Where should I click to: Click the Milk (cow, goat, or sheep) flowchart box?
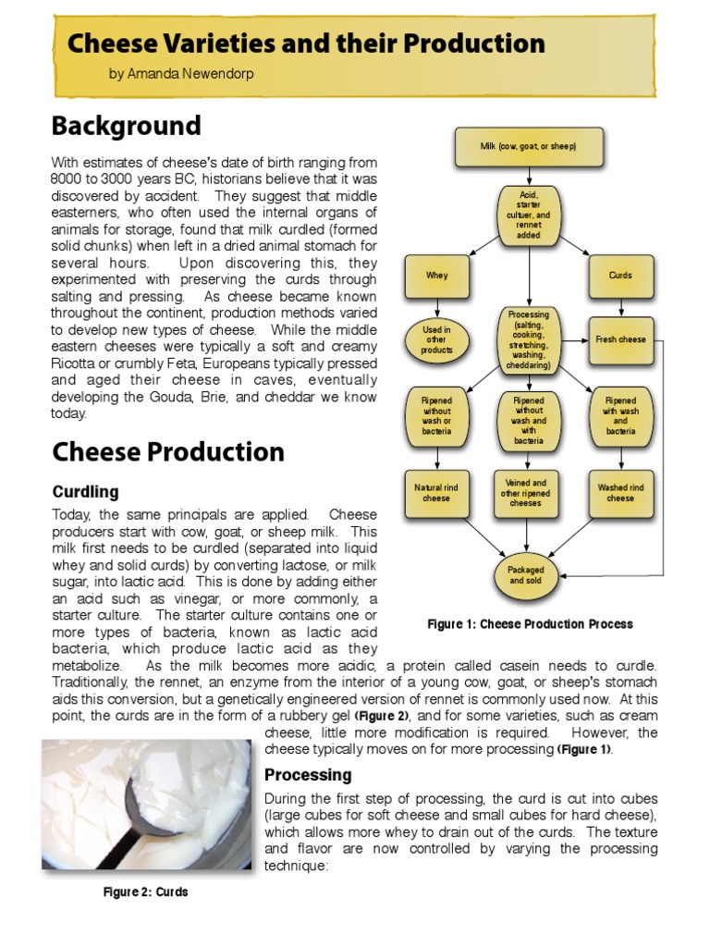[529, 146]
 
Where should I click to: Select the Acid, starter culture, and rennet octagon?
[529, 215]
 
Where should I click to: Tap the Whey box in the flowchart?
[436, 276]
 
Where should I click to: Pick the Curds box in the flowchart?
[620, 276]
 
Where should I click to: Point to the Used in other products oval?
[436, 339]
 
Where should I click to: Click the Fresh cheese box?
[620, 339]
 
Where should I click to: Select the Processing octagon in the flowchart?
[529, 339]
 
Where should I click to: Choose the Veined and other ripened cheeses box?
[526, 493]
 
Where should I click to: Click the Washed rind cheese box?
[620, 493]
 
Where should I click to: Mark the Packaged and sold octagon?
[526, 575]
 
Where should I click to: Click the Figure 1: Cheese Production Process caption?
[530, 624]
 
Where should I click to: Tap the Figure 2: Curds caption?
[145, 892]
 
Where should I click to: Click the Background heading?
[126, 126]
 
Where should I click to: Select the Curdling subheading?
[85, 491]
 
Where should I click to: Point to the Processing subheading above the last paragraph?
[308, 775]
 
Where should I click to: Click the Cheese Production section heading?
[167, 452]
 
